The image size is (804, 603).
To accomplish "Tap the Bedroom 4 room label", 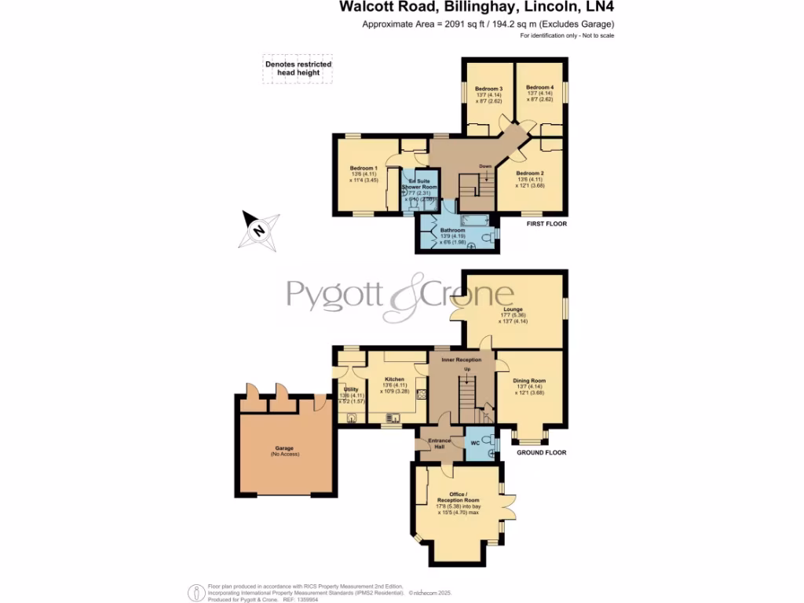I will click(x=539, y=87).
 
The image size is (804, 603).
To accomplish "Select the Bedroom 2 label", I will click(x=529, y=174).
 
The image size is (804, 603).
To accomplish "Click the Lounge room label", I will click(x=512, y=309).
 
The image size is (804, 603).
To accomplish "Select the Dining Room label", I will click(x=529, y=381).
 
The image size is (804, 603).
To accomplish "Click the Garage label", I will click(x=283, y=448).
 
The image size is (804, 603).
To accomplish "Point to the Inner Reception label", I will click(x=461, y=360).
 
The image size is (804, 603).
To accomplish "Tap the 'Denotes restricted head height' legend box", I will click(x=298, y=68).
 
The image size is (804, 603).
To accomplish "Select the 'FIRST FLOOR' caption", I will click(x=546, y=224).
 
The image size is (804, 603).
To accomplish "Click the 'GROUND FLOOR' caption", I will click(x=541, y=453).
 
